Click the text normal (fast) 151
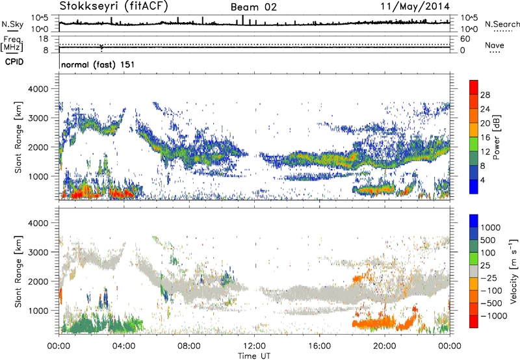[x=97, y=65]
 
